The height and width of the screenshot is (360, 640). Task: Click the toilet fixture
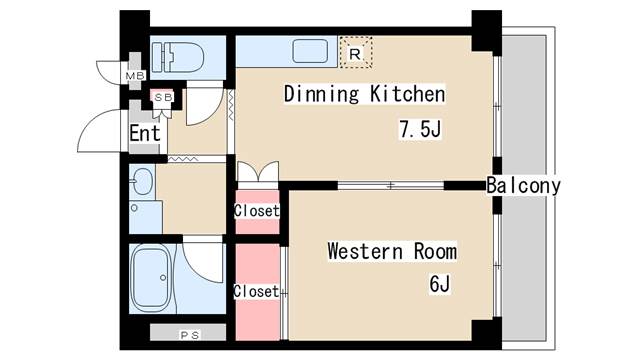point(178,58)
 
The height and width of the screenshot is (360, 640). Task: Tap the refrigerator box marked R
point(356,52)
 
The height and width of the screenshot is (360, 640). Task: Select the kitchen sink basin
point(310,51)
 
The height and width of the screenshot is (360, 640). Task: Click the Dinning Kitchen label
point(364,94)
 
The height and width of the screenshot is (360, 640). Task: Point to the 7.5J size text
point(420,129)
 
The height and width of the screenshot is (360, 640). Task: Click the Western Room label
point(392,251)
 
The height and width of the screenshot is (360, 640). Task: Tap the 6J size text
point(440,283)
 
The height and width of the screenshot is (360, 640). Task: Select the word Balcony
point(524,186)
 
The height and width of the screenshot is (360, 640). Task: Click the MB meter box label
point(135,76)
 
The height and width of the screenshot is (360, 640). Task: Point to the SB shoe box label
point(163,97)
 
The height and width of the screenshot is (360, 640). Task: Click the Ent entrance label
point(145,133)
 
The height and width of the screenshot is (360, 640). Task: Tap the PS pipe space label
point(190,335)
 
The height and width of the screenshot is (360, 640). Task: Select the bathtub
point(151,278)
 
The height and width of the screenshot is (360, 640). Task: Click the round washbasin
point(142,181)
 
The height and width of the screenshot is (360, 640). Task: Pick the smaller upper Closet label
point(257,211)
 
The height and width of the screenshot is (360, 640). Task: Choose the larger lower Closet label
point(256,291)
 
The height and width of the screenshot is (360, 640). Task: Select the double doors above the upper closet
point(258,171)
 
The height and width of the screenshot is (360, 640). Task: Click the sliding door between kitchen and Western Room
point(391,186)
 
